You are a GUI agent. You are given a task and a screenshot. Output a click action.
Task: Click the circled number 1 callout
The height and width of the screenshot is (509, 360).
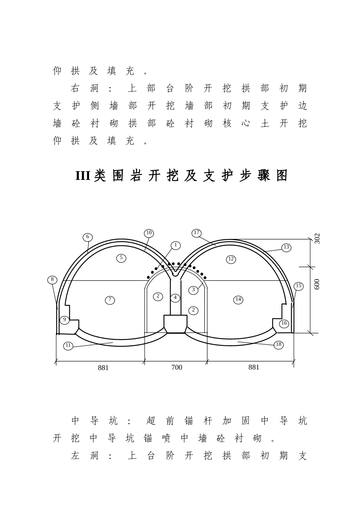pos(175,245)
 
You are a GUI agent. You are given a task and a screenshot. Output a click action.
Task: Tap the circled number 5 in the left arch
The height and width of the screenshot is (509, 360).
pos(121,258)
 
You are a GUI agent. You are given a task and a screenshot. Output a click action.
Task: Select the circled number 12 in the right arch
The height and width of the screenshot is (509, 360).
pos(231,259)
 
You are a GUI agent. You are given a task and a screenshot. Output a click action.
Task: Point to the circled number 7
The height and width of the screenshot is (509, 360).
pos(110,300)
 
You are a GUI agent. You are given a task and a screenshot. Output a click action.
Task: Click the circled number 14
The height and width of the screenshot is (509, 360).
pos(238,300)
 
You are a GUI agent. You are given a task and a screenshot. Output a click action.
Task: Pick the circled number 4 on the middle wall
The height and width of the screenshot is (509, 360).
pos(175,298)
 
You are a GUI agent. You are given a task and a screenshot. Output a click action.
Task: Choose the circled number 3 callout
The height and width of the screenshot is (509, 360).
pos(193,290)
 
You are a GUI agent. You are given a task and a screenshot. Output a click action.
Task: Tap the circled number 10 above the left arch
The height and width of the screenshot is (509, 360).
pos(149,233)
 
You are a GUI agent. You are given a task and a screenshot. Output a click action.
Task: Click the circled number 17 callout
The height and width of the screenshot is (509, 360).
pos(197,233)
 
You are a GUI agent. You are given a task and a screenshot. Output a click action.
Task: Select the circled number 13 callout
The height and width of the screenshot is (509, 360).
pos(286,247)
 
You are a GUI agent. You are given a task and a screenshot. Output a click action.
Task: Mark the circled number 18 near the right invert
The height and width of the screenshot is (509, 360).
pos(279,345)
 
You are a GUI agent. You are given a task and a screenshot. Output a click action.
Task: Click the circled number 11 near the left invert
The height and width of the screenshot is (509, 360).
pos(68,346)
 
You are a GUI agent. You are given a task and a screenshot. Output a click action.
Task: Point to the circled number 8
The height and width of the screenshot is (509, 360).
pos(52,280)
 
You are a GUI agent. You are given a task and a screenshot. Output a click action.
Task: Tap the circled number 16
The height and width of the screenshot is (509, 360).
pos(284,324)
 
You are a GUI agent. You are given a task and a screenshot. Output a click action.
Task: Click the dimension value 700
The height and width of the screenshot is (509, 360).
pos(177,367)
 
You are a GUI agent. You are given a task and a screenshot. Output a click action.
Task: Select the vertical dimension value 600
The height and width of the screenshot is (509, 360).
pos(317,284)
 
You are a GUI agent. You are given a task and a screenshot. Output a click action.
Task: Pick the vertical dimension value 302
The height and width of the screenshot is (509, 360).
pos(317,239)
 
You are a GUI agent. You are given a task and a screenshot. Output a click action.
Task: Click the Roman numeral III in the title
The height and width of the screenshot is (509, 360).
pos(83,176)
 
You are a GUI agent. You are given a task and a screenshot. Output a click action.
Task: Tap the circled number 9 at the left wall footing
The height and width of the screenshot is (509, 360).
pos(64,320)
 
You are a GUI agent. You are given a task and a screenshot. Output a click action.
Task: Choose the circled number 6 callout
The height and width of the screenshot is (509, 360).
pos(88,237)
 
